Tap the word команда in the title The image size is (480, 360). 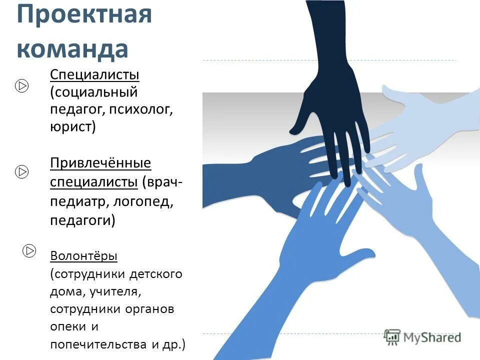72,48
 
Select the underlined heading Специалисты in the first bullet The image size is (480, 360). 94,75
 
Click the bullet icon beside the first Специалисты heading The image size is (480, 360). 21,86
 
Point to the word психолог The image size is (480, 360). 147,109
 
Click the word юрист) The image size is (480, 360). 72,126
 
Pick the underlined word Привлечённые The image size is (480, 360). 100,163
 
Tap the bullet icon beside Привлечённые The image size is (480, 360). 21,172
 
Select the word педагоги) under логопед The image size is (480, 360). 82,220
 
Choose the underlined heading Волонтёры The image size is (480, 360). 83,256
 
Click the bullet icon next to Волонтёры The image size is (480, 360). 29,249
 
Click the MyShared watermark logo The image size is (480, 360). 422,337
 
